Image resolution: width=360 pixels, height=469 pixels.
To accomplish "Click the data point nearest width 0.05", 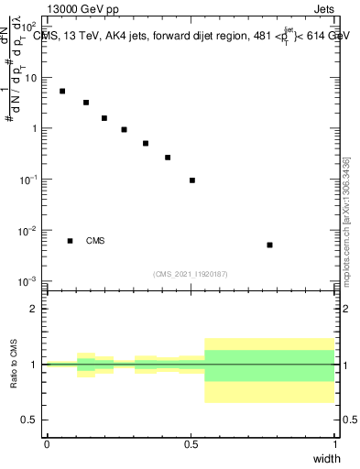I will pos(62,91).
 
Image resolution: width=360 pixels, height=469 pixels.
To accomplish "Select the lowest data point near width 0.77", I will pos(269,245).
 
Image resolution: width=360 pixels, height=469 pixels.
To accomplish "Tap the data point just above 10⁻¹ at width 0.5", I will pos(192,180).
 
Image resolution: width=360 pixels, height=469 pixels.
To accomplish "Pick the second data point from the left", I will pos(86,103).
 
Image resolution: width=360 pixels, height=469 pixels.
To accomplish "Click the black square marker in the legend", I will pos(70,241).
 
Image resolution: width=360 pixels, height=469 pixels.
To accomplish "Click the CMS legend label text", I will pos(95,241).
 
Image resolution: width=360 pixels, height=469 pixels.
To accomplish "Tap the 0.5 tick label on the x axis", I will pos(191,443).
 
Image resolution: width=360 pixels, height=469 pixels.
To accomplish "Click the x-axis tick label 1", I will pos(334,443).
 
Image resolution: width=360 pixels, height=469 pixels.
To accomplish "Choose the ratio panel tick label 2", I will pos(34,310).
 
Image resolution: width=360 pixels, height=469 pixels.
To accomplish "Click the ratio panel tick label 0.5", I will pos(30,419).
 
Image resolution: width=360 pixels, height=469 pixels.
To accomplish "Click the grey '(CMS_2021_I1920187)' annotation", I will pos(191,274).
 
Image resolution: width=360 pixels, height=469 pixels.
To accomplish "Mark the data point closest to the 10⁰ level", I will pos(124,129).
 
